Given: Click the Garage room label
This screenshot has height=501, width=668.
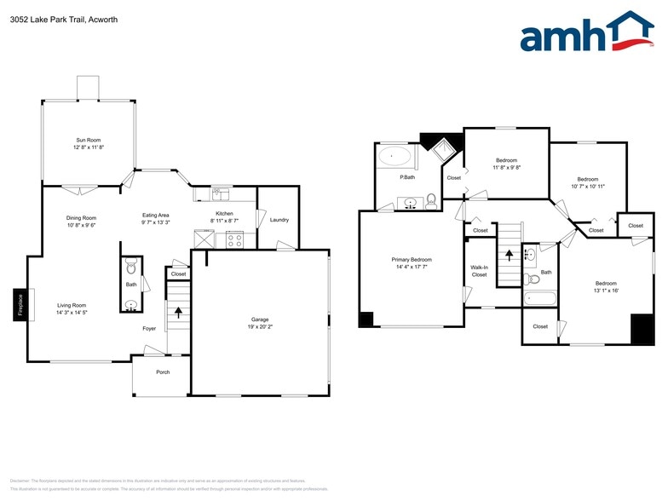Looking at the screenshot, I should coord(258,320).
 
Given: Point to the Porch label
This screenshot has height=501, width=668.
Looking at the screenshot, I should coord(162,372).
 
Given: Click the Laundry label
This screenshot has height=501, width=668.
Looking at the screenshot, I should coord(279,220).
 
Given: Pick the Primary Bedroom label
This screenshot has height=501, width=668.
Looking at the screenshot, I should coord(412,260).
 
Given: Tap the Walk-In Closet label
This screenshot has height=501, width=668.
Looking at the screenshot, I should coord(479,271).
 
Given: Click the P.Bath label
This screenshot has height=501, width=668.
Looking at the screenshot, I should coord(395,177).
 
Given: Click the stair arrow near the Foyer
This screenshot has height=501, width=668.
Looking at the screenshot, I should coord(178,311).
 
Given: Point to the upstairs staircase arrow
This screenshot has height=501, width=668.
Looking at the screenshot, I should coord(510,253).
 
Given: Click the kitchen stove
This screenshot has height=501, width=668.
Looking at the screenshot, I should coord(233,239).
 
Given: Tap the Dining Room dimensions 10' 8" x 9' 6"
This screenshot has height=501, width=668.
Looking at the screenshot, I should coord(82,227).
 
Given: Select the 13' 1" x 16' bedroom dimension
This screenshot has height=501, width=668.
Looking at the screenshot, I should coord(606,291).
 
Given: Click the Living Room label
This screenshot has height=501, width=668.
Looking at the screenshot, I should coord(72,305).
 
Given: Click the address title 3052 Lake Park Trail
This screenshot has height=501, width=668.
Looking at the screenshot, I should coord(53,19).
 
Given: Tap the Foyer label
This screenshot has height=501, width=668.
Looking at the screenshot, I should coord(149,327).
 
